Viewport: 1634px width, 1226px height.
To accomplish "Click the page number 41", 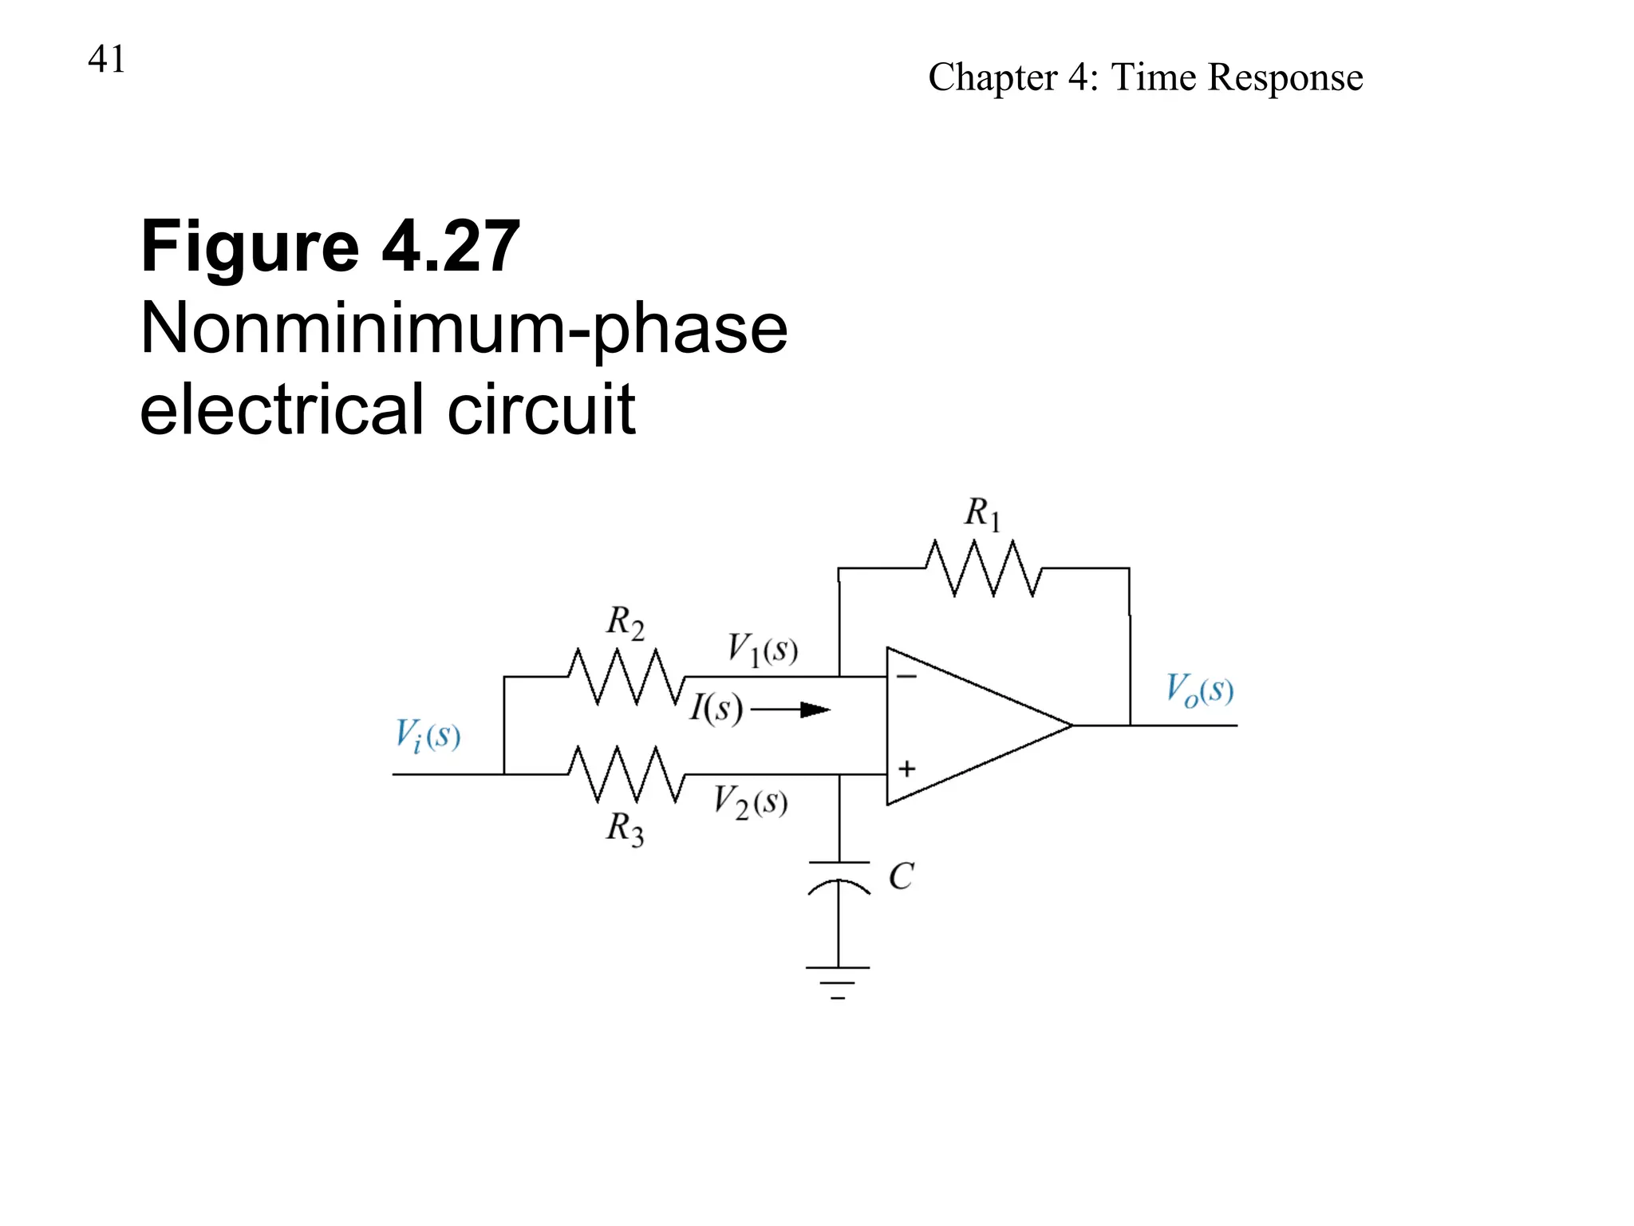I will [106, 59].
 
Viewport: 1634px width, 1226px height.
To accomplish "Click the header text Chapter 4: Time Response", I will [1145, 77].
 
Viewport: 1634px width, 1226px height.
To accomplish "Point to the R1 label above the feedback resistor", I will [981, 512].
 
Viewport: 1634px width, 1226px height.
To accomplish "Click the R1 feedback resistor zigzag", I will [983, 568].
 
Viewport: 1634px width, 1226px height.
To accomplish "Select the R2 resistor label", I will [625, 622].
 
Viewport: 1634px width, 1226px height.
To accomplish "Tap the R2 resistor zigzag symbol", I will [626, 677].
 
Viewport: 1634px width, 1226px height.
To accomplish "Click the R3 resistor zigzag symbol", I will [626, 774].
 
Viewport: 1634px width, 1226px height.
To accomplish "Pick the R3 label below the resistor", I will [625, 829].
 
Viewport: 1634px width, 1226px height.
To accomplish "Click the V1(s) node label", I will [762, 649].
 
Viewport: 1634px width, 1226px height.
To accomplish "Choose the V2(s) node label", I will [750, 801].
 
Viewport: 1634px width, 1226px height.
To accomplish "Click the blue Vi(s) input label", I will [428, 735].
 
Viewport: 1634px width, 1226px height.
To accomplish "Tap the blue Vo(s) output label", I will [1199, 690].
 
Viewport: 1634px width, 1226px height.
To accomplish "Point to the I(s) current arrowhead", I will [815, 709].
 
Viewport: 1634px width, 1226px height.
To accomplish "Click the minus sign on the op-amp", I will [906, 677].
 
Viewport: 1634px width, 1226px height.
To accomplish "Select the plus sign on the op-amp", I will [906, 769].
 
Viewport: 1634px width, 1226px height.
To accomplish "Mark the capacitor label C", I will [901, 876].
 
